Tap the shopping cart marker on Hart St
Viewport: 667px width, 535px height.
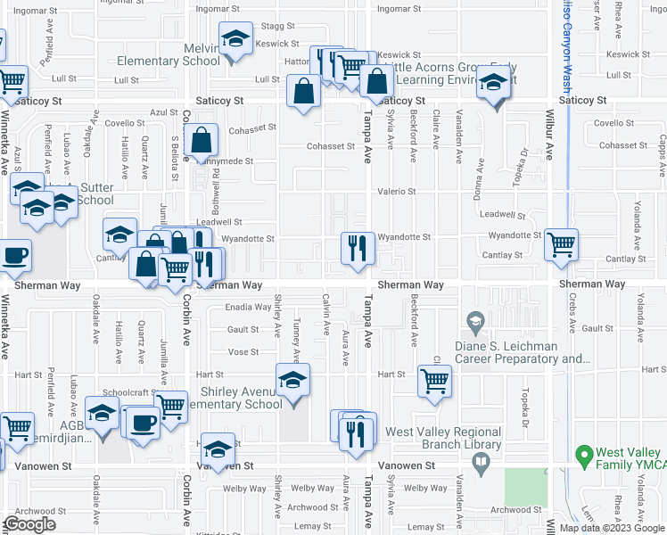point(434,381)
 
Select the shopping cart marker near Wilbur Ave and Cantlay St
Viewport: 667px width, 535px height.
point(561,243)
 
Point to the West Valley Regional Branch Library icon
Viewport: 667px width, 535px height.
point(481,463)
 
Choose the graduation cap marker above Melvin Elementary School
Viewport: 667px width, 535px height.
point(235,40)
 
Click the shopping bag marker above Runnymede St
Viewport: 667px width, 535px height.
point(203,140)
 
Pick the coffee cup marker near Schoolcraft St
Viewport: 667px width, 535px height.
point(144,422)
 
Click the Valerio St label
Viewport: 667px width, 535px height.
point(399,192)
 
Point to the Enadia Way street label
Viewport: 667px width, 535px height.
point(249,308)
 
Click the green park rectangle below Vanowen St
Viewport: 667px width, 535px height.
point(526,487)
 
